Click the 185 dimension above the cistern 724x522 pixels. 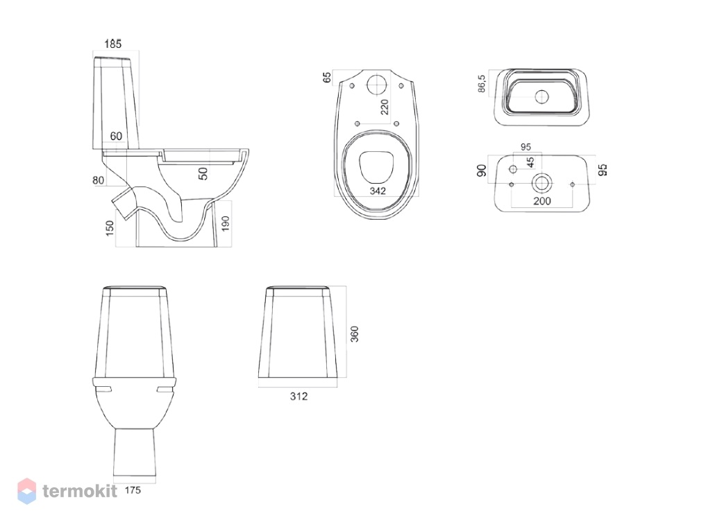click(x=112, y=44)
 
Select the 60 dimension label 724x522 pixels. click(x=116, y=136)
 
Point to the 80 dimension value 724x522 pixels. click(x=99, y=180)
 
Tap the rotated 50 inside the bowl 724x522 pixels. click(x=203, y=173)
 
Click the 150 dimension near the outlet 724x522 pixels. click(x=110, y=228)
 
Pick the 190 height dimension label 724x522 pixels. click(x=226, y=224)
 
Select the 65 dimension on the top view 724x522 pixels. click(x=327, y=78)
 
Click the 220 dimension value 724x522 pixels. click(x=384, y=107)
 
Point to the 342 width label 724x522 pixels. click(x=378, y=191)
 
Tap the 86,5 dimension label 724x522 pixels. click(x=482, y=84)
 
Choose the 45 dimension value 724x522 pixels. click(x=530, y=162)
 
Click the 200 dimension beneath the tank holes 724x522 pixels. click(x=542, y=201)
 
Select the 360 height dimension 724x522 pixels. click(x=354, y=334)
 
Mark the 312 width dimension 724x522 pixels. click(x=298, y=396)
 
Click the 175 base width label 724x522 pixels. click(x=133, y=490)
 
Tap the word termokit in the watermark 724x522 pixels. click(x=80, y=491)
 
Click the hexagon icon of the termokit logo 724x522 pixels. click(x=27, y=491)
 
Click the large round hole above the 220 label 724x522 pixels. click(x=377, y=85)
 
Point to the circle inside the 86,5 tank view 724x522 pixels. click(x=541, y=97)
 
